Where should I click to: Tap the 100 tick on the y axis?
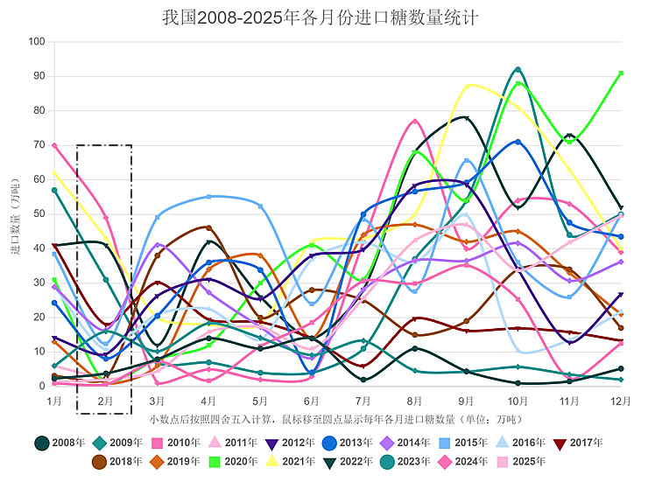(38, 42)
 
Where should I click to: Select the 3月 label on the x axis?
(157, 401)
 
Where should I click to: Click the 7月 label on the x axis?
(363, 401)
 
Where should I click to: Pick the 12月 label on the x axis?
(620, 401)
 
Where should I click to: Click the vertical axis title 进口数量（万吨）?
(16, 214)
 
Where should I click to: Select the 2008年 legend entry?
(61, 443)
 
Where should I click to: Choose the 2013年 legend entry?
(346, 443)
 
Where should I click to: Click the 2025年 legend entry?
(521, 461)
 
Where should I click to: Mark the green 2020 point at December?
(621, 73)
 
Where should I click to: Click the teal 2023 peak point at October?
(518, 69)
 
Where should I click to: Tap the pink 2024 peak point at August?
(415, 122)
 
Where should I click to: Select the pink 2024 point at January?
(54, 145)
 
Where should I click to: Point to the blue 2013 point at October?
(518, 142)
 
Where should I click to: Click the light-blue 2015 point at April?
(208, 197)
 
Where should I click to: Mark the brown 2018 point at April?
(208, 227)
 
